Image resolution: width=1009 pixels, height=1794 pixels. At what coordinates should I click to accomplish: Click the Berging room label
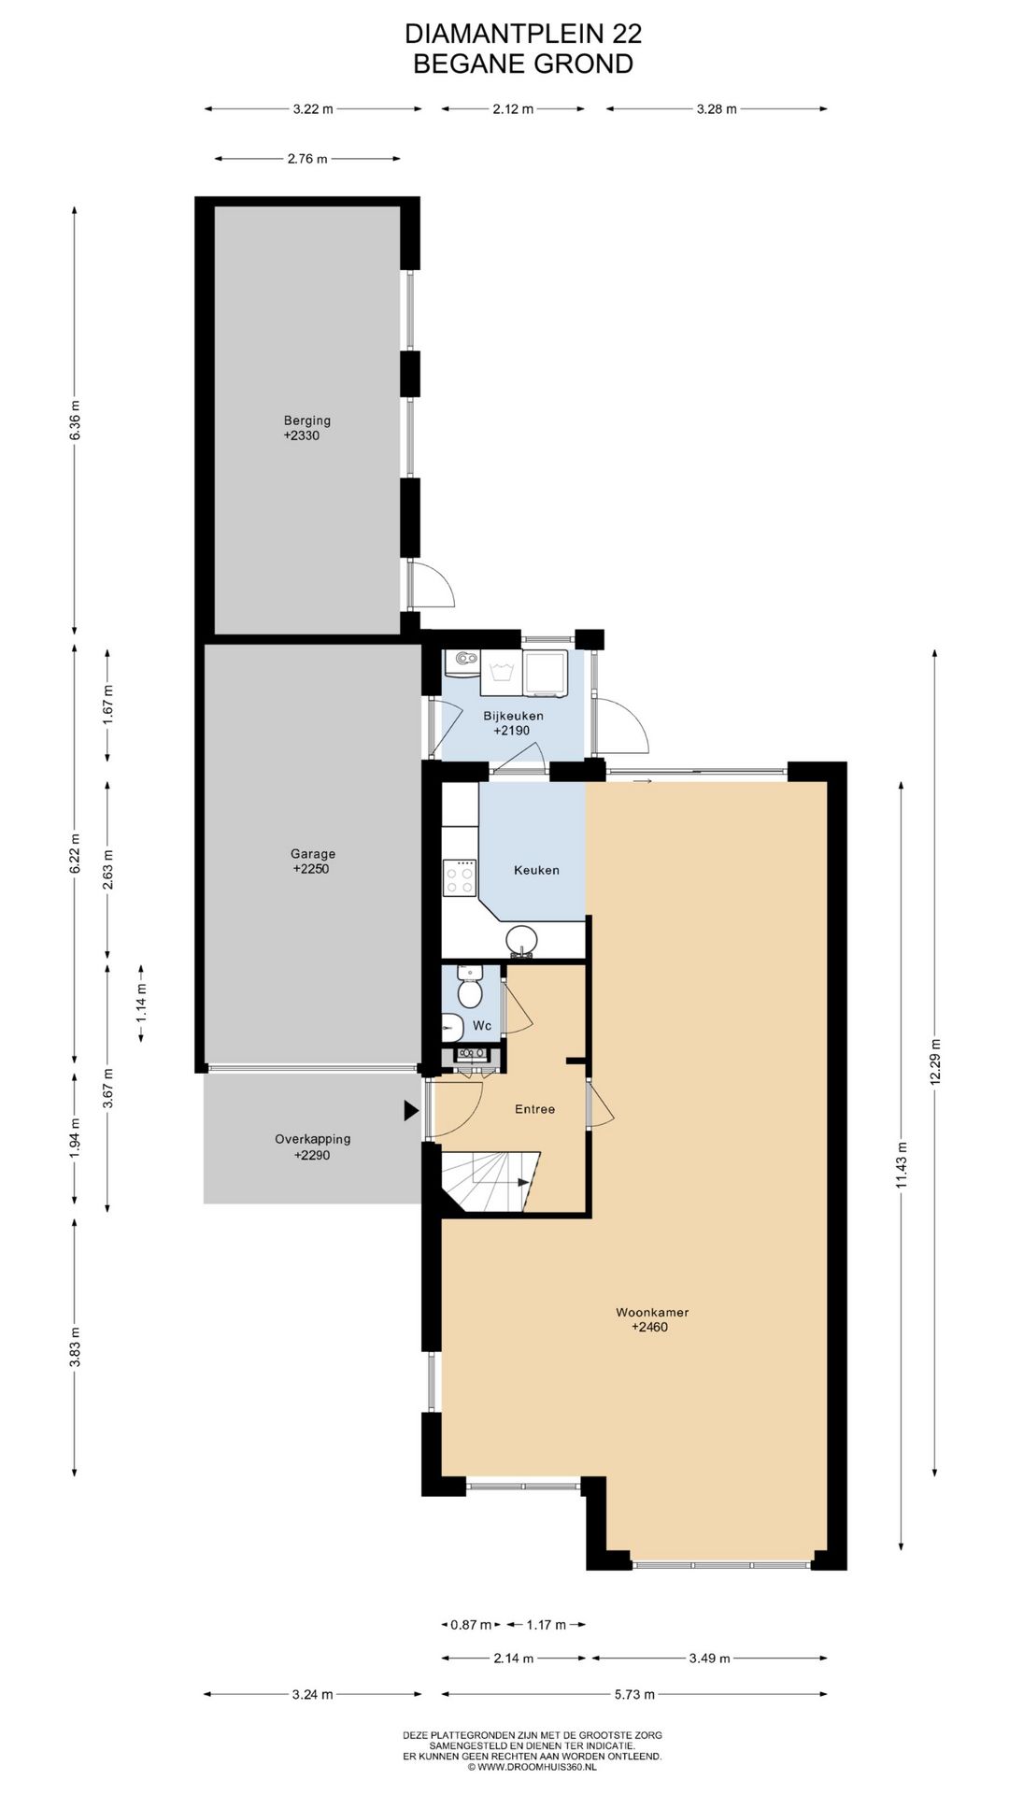(307, 420)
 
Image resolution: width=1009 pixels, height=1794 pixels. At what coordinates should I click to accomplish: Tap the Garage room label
(313, 853)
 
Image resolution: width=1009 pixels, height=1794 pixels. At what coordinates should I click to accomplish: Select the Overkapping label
(313, 1139)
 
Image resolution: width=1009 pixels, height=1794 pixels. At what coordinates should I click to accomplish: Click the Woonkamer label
(652, 1312)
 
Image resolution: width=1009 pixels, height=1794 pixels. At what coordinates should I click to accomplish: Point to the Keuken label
(537, 870)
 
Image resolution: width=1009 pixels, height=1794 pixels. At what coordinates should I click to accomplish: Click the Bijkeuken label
(513, 716)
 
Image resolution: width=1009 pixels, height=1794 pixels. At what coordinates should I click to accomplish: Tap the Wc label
(482, 1026)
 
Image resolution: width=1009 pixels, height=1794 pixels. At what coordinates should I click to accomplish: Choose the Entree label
(535, 1109)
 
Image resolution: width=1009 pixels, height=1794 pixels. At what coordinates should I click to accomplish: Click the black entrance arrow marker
(410, 1110)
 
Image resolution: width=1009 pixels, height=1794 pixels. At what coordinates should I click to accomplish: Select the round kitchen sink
(522, 940)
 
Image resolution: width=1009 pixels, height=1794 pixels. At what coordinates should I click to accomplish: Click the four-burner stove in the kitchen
(460, 876)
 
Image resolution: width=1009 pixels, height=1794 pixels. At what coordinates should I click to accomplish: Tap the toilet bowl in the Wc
(470, 991)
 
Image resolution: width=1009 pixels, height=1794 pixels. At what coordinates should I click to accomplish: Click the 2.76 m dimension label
(307, 159)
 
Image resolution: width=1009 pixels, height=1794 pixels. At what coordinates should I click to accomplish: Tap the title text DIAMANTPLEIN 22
(523, 34)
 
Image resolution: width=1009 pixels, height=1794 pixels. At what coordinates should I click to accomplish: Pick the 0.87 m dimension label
(471, 1625)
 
